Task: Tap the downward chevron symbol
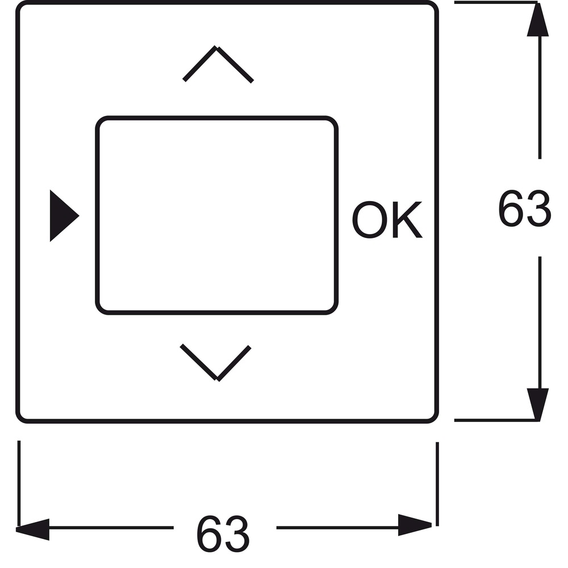(216, 378)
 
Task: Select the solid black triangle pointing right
(64, 215)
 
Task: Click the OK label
(387, 219)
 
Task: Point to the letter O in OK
(370, 219)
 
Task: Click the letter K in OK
(407, 219)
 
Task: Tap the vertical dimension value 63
(524, 208)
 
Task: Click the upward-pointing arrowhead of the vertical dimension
(538, 19)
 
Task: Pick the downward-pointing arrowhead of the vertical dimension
(538, 404)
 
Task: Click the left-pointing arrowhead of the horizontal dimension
(32, 529)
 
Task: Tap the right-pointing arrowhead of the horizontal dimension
(415, 525)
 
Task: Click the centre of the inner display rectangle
(216, 215)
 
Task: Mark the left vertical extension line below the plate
(19, 483)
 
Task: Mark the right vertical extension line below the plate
(437, 484)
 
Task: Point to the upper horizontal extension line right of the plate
(496, 3)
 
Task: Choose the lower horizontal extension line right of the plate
(496, 420)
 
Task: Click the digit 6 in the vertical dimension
(511, 208)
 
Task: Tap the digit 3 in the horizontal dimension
(237, 534)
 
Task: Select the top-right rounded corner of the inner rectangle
(332, 122)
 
